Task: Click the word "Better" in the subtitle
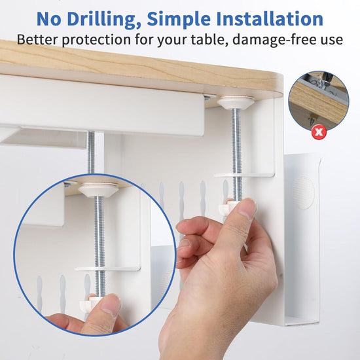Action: tap(37, 39)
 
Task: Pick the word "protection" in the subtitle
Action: tap(98, 40)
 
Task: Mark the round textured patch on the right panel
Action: tap(304, 191)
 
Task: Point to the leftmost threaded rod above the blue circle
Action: tap(92, 154)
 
